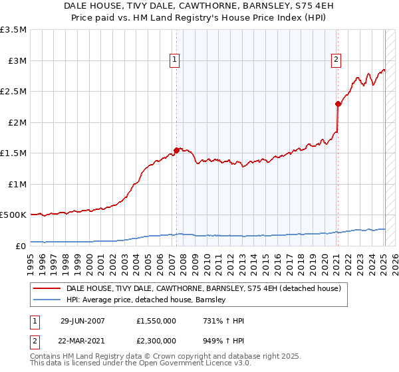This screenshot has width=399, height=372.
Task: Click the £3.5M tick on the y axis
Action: coord(13,30)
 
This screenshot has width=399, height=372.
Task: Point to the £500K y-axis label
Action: coord(13,215)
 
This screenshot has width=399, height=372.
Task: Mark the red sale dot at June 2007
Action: coord(177,150)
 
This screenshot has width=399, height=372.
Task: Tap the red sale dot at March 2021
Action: coord(338,104)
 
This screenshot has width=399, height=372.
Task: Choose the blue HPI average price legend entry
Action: coord(146,300)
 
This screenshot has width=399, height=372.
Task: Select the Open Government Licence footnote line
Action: coord(141,364)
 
